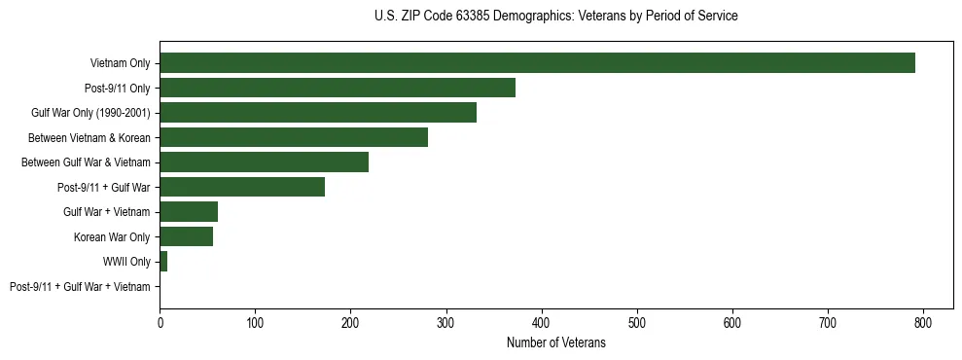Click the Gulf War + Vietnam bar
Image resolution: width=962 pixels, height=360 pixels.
click(x=189, y=211)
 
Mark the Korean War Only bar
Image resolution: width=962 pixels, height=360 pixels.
click(x=186, y=236)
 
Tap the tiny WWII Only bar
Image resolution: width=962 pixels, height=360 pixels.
click(x=163, y=261)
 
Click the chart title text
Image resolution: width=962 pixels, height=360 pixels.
click(x=555, y=17)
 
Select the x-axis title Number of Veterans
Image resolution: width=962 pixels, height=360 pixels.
click(x=555, y=342)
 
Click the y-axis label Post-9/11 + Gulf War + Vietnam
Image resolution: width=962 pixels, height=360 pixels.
click(x=80, y=286)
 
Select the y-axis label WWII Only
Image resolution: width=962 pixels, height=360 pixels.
click(x=126, y=262)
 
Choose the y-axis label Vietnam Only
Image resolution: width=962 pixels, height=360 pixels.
click(x=121, y=63)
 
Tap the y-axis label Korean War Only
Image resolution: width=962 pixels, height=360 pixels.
click(x=112, y=236)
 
